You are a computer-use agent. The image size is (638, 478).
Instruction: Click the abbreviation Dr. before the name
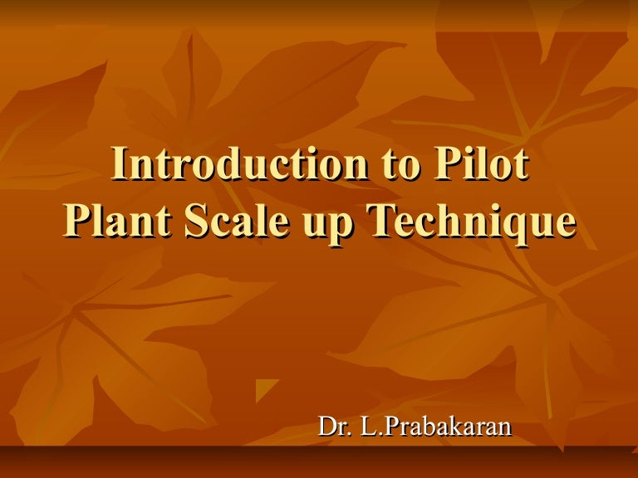click(334, 427)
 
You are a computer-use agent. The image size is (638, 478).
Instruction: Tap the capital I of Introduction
click(118, 164)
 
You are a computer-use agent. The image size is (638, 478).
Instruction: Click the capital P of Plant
click(76, 222)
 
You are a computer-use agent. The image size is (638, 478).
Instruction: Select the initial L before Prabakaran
click(367, 427)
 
